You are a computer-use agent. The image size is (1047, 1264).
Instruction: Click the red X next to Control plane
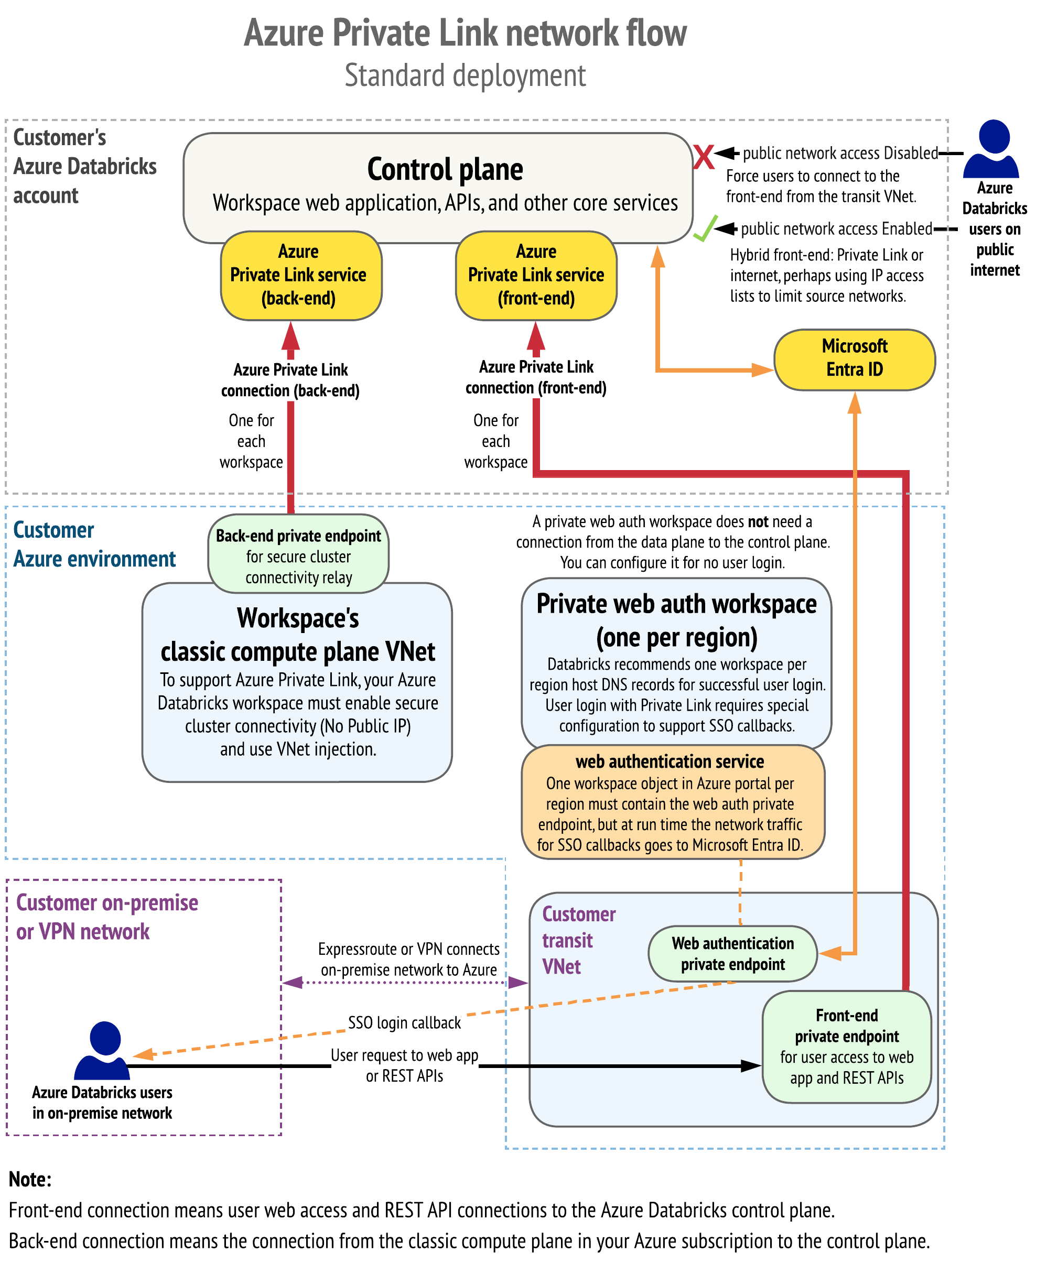(703, 157)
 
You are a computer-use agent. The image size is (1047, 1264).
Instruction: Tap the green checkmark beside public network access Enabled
(705, 228)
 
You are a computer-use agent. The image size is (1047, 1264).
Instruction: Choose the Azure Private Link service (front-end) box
(536, 276)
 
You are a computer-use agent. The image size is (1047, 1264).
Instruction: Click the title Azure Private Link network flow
(465, 33)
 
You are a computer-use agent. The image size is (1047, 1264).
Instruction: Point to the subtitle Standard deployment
(465, 77)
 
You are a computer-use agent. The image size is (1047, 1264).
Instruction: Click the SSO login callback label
(404, 1022)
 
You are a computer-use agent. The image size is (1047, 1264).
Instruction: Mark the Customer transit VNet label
(578, 940)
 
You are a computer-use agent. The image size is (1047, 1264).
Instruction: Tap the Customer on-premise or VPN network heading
(106, 917)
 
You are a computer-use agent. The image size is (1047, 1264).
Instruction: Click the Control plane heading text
(445, 169)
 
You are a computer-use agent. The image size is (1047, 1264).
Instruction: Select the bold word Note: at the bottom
(30, 1179)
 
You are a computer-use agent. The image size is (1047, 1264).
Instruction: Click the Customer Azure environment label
(94, 544)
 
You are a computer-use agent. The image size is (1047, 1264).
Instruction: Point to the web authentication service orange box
(672, 802)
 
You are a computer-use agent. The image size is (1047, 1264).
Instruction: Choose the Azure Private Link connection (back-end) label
(290, 380)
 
